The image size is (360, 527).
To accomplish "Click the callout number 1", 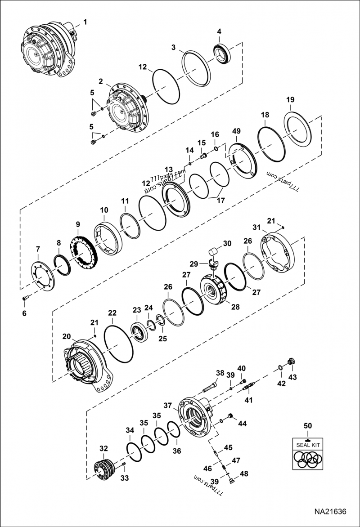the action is point(85,22).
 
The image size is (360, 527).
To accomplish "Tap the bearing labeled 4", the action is point(222,53).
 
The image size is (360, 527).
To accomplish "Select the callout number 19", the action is point(290,99).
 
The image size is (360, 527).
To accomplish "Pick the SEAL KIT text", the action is point(308,445).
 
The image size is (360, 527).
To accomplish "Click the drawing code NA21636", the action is point(330,512).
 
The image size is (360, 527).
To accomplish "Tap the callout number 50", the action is point(308,426).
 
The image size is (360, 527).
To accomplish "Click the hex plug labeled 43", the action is point(292,362).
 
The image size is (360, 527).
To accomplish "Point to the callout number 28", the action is point(235,307).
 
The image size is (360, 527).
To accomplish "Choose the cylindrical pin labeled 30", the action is point(213,251).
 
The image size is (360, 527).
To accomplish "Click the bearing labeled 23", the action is point(139,332).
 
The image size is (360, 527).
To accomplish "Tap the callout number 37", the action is point(168,406).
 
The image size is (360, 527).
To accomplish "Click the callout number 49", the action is point(237,131).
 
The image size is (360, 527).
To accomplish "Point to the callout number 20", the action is point(67,336).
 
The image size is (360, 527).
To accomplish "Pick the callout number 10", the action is point(104,210).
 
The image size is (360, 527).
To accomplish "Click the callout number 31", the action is point(256,228).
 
